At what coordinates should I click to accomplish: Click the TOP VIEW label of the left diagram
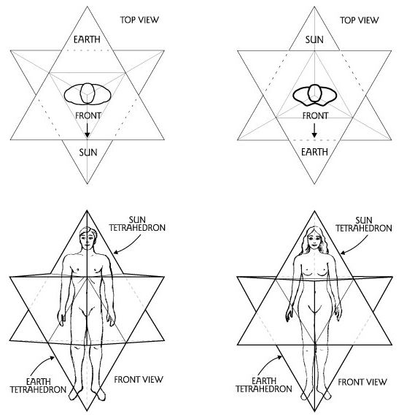139,20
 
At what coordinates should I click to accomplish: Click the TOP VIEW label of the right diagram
359,20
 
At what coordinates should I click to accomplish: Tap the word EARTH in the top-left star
87,39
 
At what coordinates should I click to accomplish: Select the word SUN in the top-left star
88,153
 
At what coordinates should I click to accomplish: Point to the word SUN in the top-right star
314,40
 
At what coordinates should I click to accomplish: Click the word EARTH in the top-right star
314,152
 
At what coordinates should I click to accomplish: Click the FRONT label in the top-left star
88,115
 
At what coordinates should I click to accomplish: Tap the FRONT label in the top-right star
315,115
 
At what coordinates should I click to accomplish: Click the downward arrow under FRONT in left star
87,130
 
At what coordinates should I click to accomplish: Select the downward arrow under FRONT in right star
314,131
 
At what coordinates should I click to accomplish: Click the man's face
88,239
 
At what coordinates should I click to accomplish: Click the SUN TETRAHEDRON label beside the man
137,224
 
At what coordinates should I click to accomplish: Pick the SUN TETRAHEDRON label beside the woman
364,224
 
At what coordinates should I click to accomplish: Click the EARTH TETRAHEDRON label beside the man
38,386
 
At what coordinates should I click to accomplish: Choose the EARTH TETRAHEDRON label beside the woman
264,385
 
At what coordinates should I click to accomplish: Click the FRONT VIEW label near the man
139,380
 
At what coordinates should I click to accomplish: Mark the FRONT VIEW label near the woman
362,382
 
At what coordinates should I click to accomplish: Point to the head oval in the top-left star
88,93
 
